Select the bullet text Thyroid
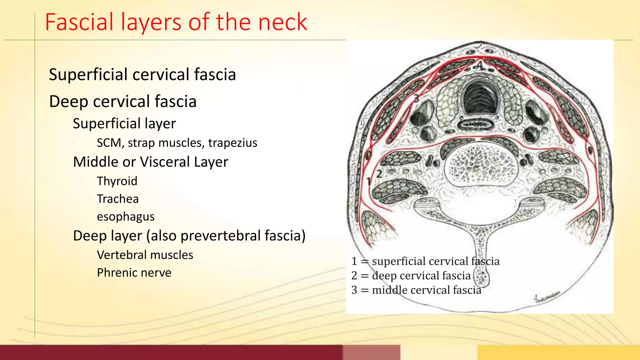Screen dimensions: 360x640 pyautogui.click(x=117, y=181)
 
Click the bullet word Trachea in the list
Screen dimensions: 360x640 pyautogui.click(x=117, y=199)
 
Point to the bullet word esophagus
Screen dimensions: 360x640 pyautogui.click(x=126, y=217)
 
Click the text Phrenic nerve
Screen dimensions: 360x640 pyautogui.click(x=134, y=273)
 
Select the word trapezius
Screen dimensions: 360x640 pyautogui.click(x=232, y=143)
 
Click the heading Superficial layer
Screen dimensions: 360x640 pyautogui.click(x=124, y=123)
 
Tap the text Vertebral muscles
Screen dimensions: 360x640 pyautogui.click(x=145, y=255)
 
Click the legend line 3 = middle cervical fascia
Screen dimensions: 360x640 pyautogui.click(x=416, y=290)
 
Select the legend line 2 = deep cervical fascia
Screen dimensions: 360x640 pyautogui.click(x=411, y=276)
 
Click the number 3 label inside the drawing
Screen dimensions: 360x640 pyautogui.click(x=416, y=98)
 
